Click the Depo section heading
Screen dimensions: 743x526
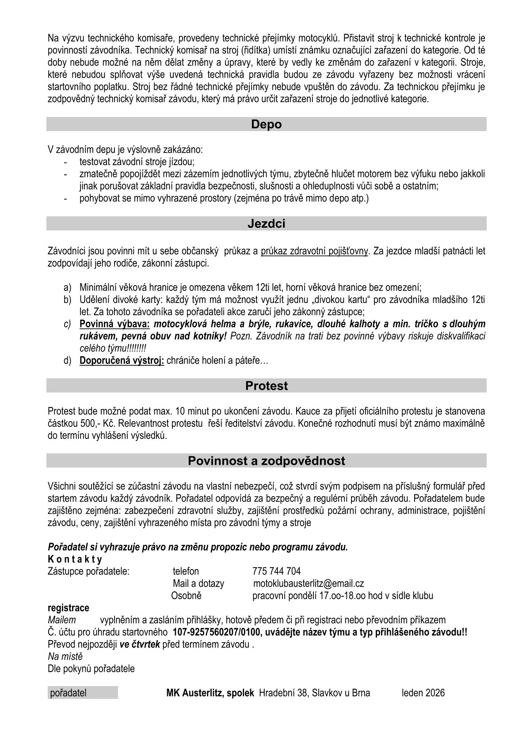[x=266, y=124]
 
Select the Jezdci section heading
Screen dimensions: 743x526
[x=266, y=224]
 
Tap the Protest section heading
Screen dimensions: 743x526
[x=266, y=386]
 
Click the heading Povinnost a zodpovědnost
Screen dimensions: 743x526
[x=266, y=461]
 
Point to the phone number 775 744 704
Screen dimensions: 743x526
[x=276, y=572]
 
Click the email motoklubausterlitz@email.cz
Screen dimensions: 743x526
[x=308, y=584]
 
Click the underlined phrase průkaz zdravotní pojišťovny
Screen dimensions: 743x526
[x=314, y=252]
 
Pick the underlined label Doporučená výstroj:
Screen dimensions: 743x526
[x=122, y=361]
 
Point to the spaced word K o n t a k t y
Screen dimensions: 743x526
[x=75, y=560]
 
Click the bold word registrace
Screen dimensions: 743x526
[x=68, y=608]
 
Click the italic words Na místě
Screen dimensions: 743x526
[x=65, y=656]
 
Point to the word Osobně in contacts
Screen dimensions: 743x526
[x=186, y=596]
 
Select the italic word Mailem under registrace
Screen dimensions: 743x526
[x=61, y=620]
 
